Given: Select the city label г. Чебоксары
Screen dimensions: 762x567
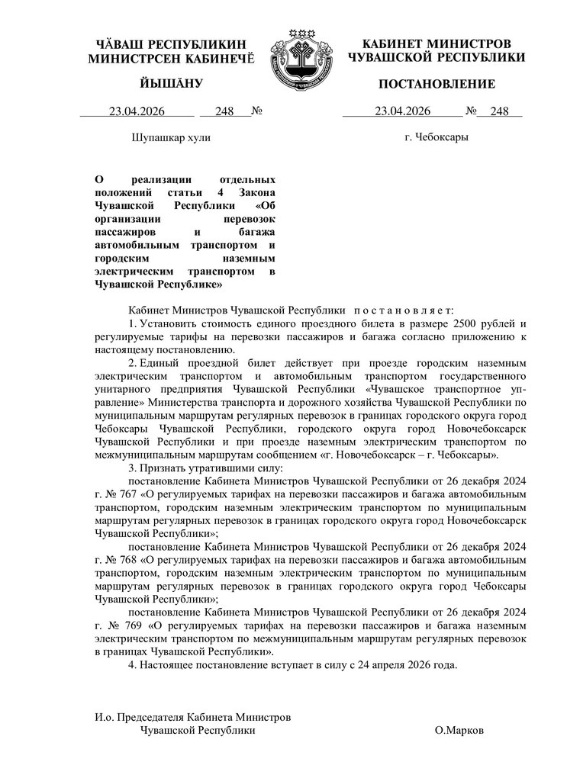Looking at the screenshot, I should point(437,137).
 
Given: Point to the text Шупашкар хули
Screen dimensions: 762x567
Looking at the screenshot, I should point(172,138).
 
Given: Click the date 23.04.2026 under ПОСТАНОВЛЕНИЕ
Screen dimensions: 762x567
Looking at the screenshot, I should point(403,111).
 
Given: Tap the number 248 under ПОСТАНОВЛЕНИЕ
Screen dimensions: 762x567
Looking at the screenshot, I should point(500,111).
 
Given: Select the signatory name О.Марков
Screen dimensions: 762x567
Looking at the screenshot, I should point(459,730).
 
